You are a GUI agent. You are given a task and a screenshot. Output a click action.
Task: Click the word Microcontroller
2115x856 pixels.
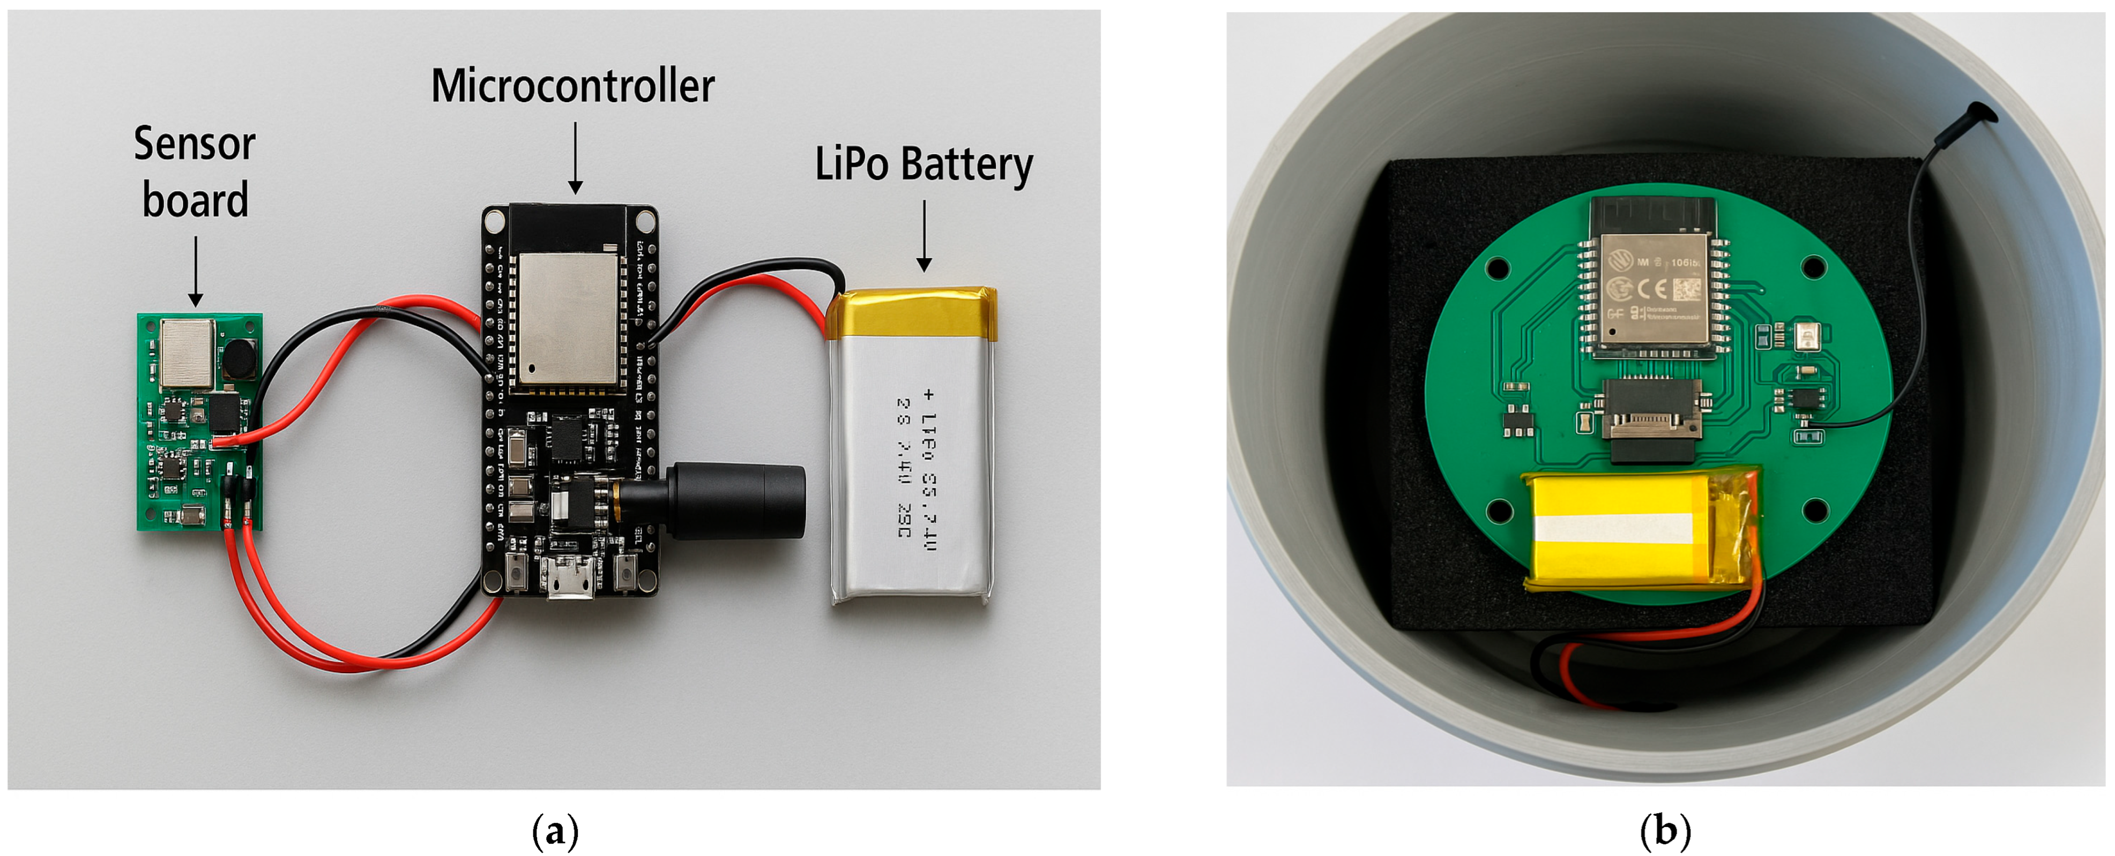[x=572, y=86]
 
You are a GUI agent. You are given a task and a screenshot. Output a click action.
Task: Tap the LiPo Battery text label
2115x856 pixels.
[x=923, y=164]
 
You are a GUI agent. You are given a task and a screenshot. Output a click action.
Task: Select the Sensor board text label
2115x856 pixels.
[x=195, y=172]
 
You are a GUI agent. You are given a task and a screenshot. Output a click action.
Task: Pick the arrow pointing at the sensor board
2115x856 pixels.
[x=196, y=272]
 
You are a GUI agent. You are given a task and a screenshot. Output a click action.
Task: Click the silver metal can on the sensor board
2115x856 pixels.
[x=187, y=353]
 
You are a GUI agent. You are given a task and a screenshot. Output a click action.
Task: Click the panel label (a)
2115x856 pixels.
[x=555, y=831]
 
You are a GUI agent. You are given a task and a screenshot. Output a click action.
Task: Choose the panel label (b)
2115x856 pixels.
[x=1664, y=831]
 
